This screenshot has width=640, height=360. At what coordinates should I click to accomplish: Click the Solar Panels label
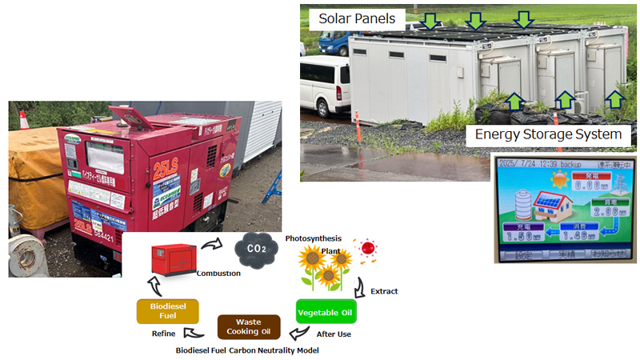356,18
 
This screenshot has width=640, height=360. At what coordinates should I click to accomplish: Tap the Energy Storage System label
548,134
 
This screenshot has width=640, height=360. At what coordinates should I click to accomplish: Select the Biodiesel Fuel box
168,310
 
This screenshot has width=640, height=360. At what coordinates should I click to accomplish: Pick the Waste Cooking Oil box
249,326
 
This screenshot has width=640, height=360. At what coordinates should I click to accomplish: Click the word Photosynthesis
313,238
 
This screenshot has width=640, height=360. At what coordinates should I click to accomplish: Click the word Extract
384,291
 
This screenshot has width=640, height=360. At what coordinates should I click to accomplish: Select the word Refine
164,333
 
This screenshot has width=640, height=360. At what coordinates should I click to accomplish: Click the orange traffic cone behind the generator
23,119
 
